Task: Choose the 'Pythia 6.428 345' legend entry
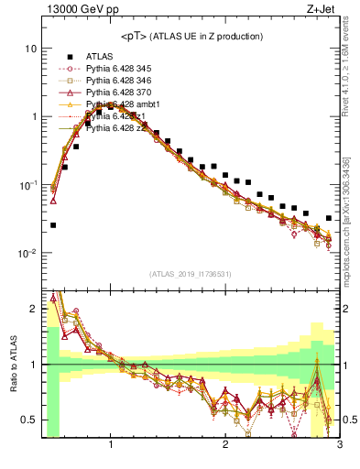coord(121,70)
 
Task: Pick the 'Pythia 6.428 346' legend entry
coord(121,82)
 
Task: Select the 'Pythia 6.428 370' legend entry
coord(121,93)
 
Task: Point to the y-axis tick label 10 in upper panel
coord(29,48)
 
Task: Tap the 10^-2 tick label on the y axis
coord(27,253)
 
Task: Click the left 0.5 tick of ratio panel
coord(29,420)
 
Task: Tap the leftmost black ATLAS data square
coord(53,224)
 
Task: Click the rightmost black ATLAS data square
coord(329,218)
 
